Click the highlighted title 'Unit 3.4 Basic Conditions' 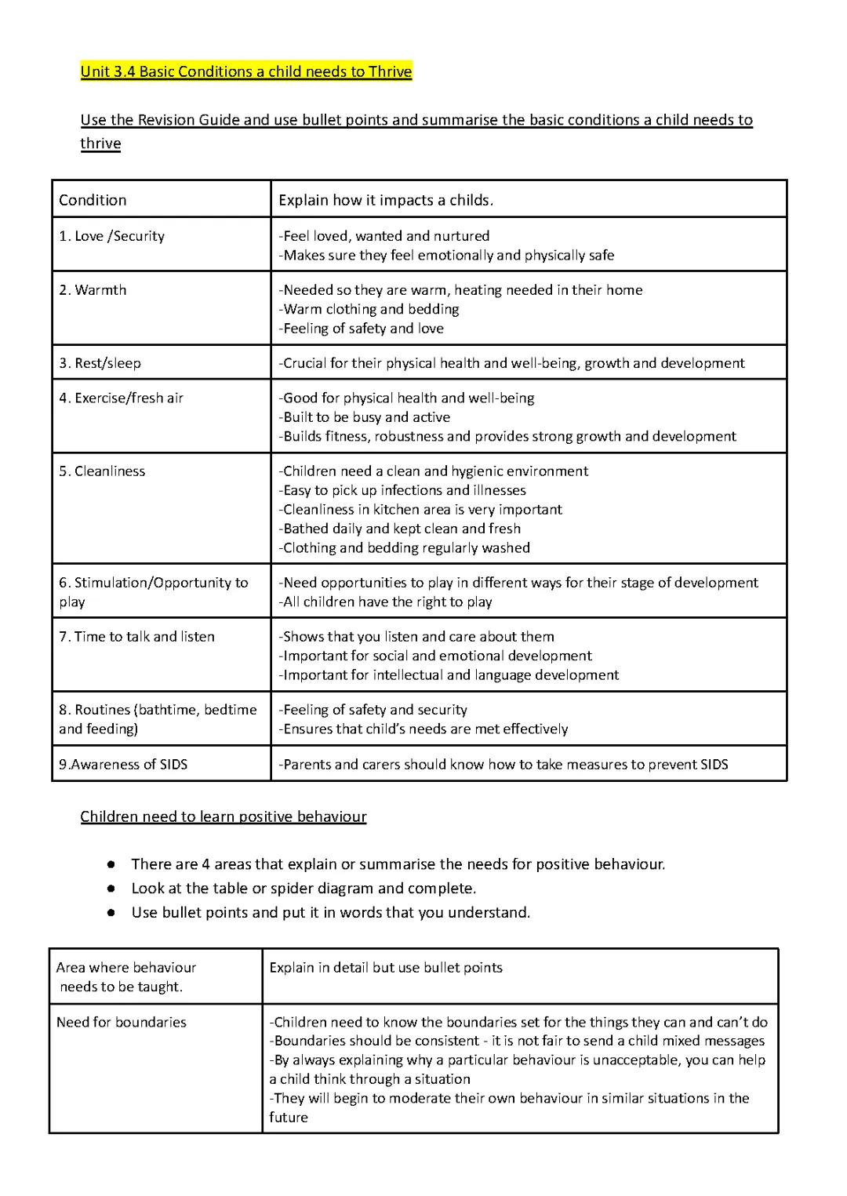click(x=245, y=72)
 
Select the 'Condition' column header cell click(x=93, y=200)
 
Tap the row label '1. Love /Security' click(x=111, y=236)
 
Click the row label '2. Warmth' click(x=93, y=290)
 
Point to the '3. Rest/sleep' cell click(x=100, y=363)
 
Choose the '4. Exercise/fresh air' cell click(x=121, y=398)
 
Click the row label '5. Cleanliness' click(x=102, y=471)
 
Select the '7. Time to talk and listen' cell click(x=136, y=637)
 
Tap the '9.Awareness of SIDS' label click(x=123, y=765)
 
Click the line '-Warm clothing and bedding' click(x=369, y=309)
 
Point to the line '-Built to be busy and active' click(x=365, y=417)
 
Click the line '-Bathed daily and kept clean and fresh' click(x=399, y=529)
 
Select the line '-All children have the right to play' click(x=385, y=602)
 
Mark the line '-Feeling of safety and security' click(x=373, y=710)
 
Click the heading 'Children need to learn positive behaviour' click(x=224, y=816)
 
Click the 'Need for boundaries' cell click(x=122, y=1022)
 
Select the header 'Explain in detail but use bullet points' click(x=386, y=968)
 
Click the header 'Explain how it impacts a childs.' click(x=386, y=200)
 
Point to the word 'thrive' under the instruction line click(x=100, y=144)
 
